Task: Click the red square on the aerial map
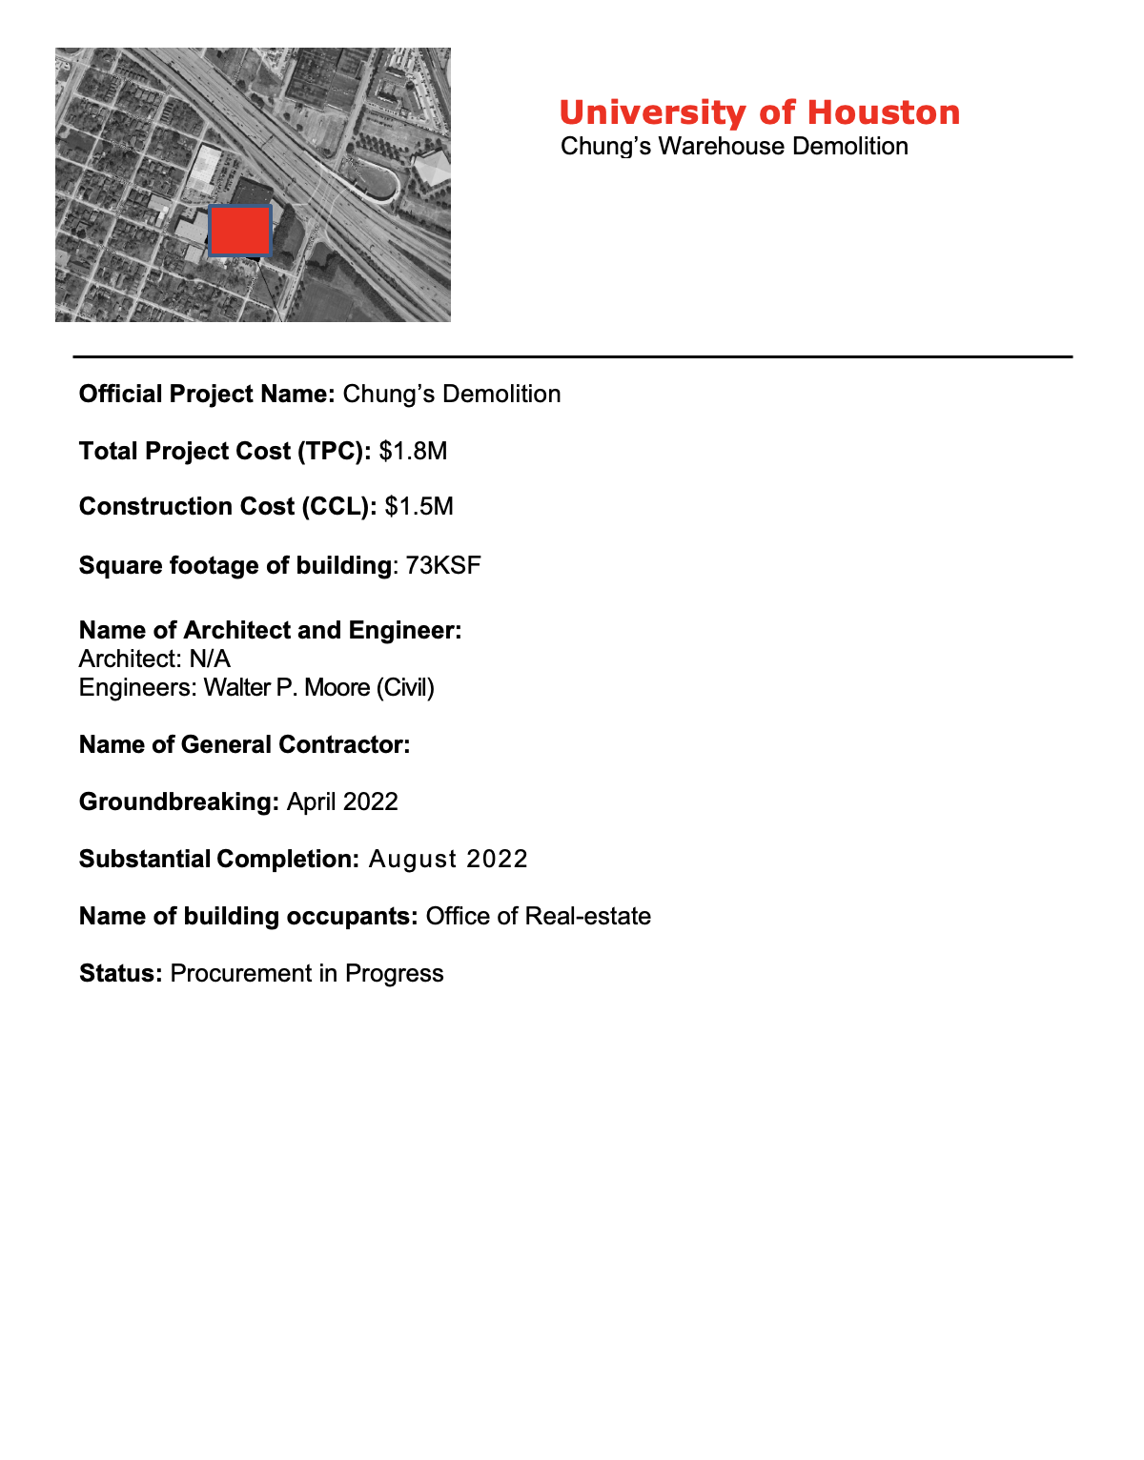coord(239,231)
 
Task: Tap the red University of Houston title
coord(759,112)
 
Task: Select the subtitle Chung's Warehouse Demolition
coord(734,147)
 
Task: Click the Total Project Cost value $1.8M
coord(413,451)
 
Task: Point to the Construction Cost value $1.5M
coord(419,506)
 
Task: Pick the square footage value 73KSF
coord(443,565)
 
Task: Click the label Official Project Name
coord(206,395)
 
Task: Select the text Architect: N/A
coord(154,659)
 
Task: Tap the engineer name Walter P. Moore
coord(286,687)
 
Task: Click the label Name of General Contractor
coord(244,744)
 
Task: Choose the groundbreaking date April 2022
coord(342,801)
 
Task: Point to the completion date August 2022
coord(448,859)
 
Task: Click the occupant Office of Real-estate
coord(539,916)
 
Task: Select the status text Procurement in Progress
coord(307,973)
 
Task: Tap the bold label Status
coord(121,973)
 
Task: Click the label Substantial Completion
coord(218,859)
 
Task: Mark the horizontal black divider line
coord(572,356)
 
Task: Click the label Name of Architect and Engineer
coord(270,630)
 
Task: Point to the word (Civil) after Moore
coord(405,687)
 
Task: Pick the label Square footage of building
coord(235,565)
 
